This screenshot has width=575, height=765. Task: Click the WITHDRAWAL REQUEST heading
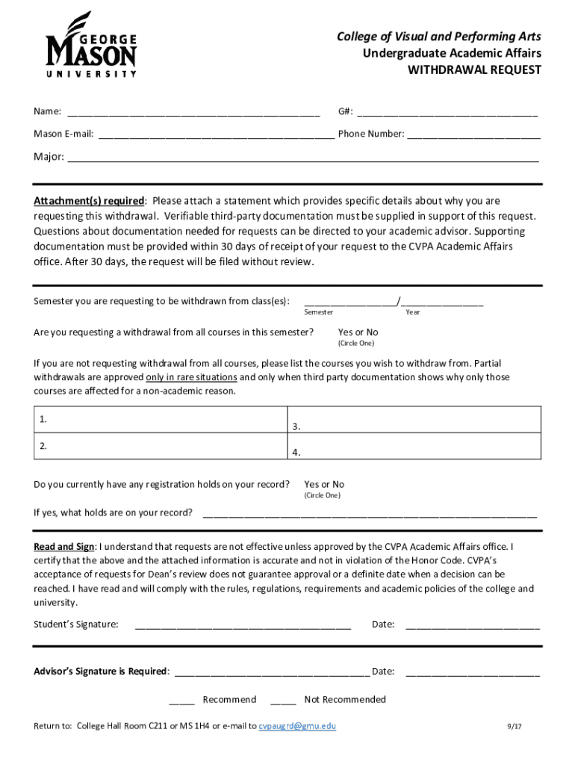[x=473, y=70]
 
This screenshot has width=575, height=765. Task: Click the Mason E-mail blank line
[x=216, y=136]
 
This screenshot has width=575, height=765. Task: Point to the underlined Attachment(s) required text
[x=89, y=201]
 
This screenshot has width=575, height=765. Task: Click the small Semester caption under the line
[x=319, y=312]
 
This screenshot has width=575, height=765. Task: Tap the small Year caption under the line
[x=413, y=312]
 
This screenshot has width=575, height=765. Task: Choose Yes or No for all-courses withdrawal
[x=358, y=332]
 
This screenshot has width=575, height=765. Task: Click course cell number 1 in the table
[x=161, y=420]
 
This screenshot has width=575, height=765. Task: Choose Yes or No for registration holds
[x=324, y=485]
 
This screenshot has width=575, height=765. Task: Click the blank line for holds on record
[x=370, y=514]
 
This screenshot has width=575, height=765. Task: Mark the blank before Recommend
[x=181, y=701]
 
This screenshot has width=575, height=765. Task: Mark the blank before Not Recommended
[x=283, y=701]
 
